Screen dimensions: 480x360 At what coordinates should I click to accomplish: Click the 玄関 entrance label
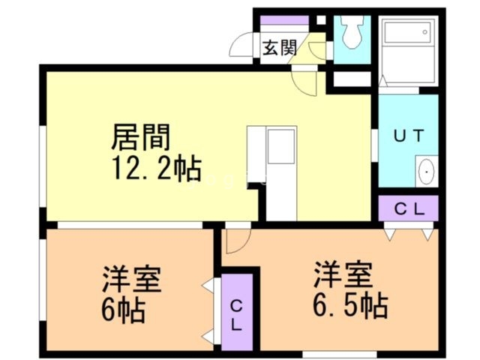(x=280, y=48)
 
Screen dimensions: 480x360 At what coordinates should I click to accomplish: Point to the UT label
(x=409, y=136)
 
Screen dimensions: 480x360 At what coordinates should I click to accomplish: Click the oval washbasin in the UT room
(x=427, y=172)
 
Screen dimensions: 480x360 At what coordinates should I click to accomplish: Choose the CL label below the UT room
(x=409, y=209)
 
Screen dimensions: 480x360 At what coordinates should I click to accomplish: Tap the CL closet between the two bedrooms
(x=237, y=312)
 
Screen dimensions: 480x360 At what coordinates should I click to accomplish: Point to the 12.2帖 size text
(x=157, y=168)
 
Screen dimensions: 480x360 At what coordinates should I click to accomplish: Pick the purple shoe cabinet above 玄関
(x=284, y=20)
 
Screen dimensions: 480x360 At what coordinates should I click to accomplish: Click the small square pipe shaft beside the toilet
(x=321, y=20)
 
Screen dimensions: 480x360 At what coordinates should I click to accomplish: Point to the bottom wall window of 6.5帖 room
(x=340, y=355)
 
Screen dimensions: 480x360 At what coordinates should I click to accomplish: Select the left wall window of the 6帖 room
(x=43, y=280)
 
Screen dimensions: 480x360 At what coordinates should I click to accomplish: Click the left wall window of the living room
(x=43, y=166)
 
